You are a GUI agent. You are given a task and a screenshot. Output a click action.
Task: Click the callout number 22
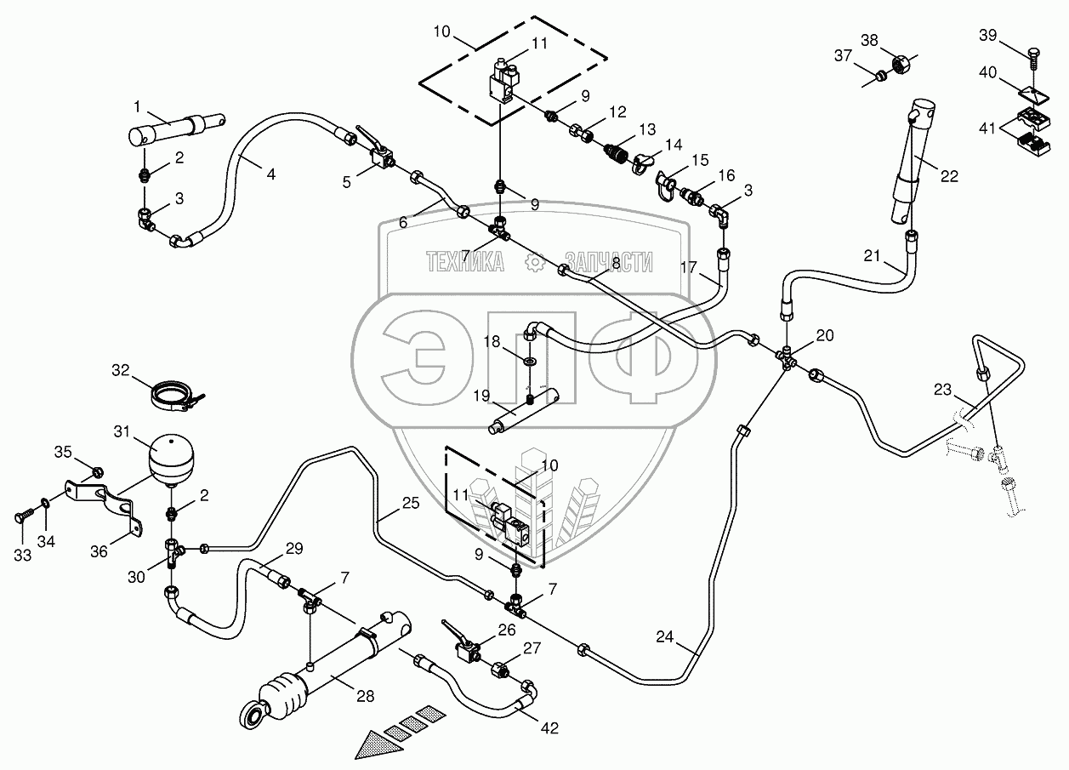coord(949,176)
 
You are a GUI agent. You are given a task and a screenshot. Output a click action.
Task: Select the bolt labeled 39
coord(1031,56)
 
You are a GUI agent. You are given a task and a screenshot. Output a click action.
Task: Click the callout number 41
coord(987,128)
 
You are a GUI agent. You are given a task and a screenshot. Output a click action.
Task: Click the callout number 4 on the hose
coord(270,174)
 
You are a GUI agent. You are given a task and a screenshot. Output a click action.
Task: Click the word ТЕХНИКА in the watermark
coord(464,262)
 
